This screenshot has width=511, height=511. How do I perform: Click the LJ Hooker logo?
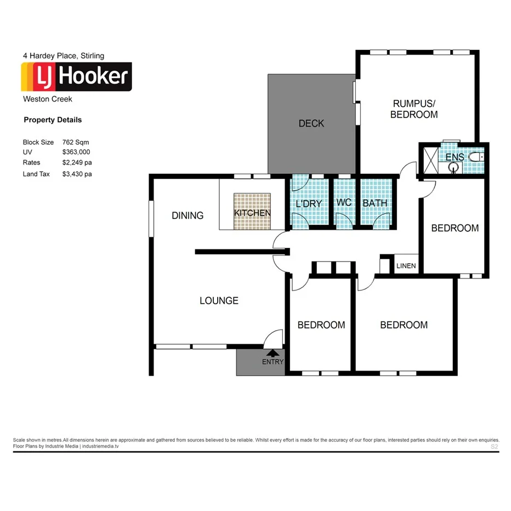point(76,77)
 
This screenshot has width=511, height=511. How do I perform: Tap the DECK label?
point(311,123)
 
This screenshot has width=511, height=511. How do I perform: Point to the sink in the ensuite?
point(453,168)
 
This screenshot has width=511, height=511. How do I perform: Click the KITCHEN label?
point(252,213)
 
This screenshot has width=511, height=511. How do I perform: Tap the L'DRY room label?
point(308,203)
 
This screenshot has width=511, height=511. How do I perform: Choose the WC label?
point(344,203)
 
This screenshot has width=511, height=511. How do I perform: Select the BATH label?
point(375,203)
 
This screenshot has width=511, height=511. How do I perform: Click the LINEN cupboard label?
point(406,266)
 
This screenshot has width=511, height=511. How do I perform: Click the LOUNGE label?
point(219,300)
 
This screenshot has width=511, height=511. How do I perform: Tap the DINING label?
point(188,215)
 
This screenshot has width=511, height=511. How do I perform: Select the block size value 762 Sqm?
point(76,142)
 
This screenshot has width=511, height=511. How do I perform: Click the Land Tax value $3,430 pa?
point(77,174)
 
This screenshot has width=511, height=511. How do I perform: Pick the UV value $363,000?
point(76,152)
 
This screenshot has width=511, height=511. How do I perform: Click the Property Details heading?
point(53,120)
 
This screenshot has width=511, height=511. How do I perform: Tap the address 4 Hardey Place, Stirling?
point(63,55)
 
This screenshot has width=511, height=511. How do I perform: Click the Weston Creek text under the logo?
point(47,99)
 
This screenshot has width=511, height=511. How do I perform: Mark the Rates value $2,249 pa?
point(77,163)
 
